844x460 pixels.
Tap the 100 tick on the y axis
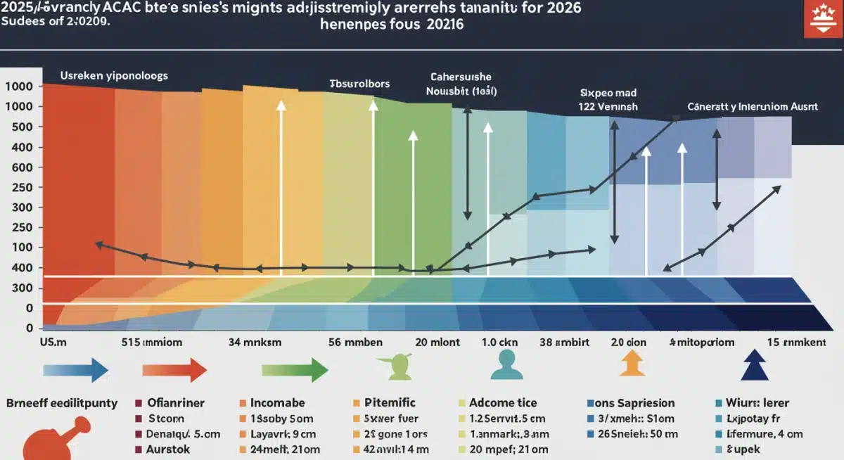pos(23,248)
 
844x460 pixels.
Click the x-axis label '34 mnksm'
pos(255,343)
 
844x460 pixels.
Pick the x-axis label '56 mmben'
pos(355,343)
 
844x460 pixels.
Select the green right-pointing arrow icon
pos(295,369)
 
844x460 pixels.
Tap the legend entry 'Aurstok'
pos(173,448)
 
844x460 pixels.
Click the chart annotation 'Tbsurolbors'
pos(359,84)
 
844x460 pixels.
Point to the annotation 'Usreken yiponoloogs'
pos(114,75)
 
